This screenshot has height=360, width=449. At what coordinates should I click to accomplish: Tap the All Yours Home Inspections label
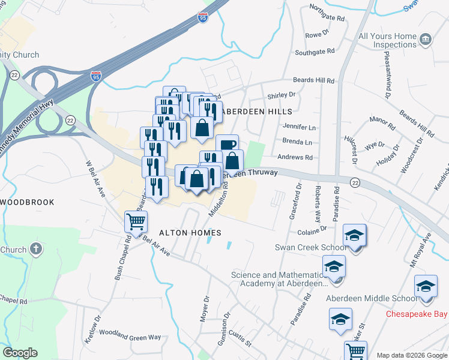(x=387, y=40)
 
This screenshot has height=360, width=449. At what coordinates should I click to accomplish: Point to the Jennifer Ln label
(x=299, y=127)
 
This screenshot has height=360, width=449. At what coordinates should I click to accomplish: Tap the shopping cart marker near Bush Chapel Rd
(x=136, y=222)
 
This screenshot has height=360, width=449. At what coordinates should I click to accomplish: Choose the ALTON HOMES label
(x=190, y=233)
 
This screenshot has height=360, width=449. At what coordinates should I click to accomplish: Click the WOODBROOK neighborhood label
(x=28, y=202)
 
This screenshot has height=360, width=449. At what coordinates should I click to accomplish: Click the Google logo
(x=20, y=353)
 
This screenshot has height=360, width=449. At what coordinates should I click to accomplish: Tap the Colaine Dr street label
(x=312, y=229)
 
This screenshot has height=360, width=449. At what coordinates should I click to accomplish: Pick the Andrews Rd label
(x=298, y=158)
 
